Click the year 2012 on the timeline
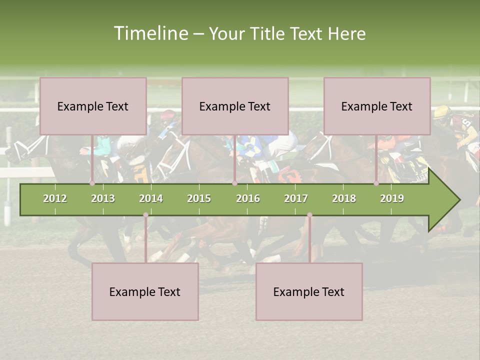coord(55,198)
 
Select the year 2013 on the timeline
coord(103,198)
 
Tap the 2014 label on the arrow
coord(151,198)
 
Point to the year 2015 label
coord(199,198)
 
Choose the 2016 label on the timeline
coord(248,198)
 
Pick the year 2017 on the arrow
coord(296,198)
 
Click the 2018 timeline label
coord(344,198)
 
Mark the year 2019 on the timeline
coord(392,198)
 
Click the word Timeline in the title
coord(150,33)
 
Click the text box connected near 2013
coord(93,106)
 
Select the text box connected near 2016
coord(235,106)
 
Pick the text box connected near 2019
coord(377,106)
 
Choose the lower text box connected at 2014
coord(145,291)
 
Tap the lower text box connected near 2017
coord(309,291)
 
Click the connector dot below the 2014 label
coord(145,215)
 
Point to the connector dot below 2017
coord(309,215)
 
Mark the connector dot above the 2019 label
coord(376,183)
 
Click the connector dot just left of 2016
coord(234,183)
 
